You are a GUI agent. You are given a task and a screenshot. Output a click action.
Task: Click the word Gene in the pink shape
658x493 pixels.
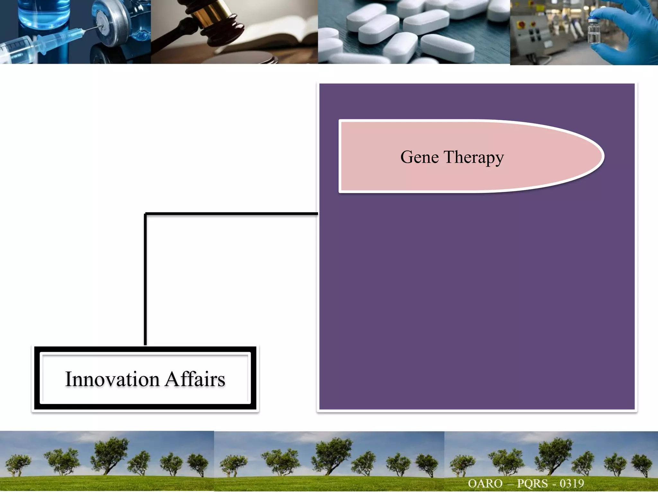pos(419,157)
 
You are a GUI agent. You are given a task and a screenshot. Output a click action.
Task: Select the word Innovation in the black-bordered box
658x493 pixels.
pos(112,379)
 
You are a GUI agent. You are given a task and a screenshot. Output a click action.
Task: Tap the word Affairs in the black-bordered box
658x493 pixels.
pos(195,379)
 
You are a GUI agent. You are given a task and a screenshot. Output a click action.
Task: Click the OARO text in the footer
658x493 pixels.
pos(485,483)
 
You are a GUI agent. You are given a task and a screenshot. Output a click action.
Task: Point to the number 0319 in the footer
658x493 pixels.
pos(572,483)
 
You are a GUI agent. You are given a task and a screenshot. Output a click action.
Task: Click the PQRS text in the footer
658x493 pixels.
pos(532,483)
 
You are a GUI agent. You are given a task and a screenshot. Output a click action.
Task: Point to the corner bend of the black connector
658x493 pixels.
pos(146,214)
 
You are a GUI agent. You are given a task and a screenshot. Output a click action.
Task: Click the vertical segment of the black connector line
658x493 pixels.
pos(145,279)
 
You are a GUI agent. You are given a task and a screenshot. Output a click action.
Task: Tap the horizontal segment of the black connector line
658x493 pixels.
pos(231,213)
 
